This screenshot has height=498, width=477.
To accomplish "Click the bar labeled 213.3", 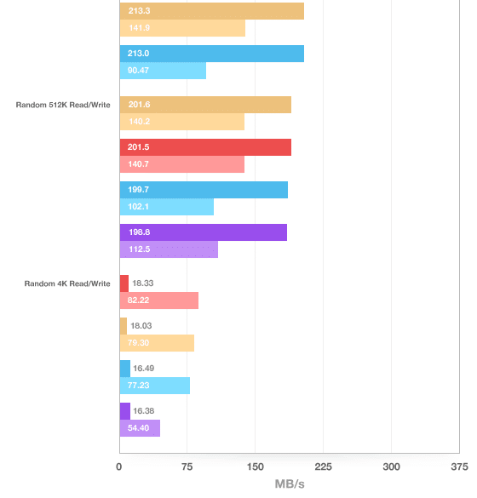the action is tap(211, 11).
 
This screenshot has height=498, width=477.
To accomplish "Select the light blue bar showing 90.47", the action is tap(163, 71).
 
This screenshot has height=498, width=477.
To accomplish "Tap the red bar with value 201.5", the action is tap(205, 147).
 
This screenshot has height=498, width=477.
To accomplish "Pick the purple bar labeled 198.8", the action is tap(204, 232).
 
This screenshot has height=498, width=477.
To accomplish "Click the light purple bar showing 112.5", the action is tap(169, 249).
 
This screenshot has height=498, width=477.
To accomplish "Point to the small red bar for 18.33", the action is tap(124, 283).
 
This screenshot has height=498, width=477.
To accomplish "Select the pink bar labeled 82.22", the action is tap(159, 301).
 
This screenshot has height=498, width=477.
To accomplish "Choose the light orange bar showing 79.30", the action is tap(157, 343).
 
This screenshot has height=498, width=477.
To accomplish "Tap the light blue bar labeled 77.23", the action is tap(155, 386).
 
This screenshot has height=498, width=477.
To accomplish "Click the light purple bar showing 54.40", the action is tap(140, 428).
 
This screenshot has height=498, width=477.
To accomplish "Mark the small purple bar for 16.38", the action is tap(125, 411).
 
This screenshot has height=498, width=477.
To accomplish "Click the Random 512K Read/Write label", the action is tap(63, 105).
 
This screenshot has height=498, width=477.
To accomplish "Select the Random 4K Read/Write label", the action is tap(67, 283).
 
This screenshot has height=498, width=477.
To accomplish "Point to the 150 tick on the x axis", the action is tap(256, 467).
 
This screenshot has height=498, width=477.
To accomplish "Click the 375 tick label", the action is tap(459, 467).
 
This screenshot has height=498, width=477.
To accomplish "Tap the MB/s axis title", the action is tap(290, 484).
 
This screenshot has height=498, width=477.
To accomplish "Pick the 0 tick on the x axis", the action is tap(119, 467).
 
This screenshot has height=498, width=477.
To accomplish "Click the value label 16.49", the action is tap(144, 369).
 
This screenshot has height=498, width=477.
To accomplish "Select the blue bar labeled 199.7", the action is tap(204, 190).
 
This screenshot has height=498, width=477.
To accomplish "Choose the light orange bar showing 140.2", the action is tap(182, 122).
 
